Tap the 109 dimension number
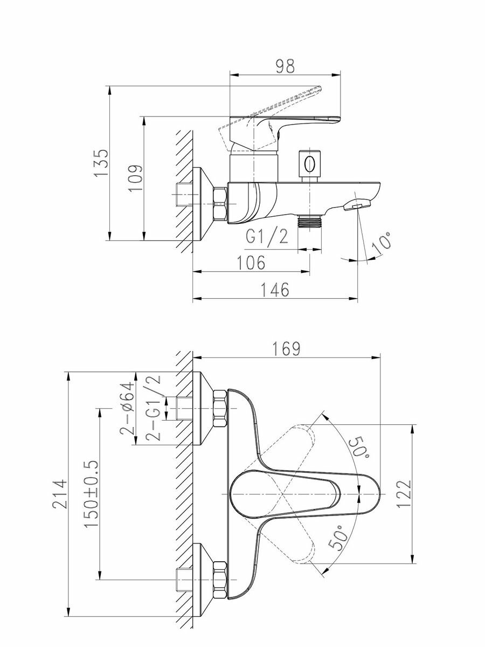[x=137, y=177]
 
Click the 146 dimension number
[x=275, y=290]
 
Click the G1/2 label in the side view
[x=267, y=237]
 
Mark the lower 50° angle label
[x=335, y=538]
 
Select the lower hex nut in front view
[x=220, y=580]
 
